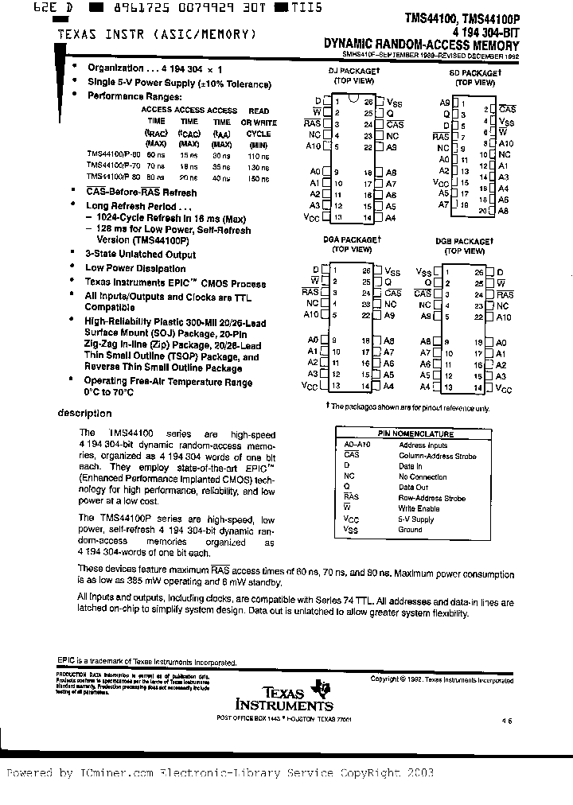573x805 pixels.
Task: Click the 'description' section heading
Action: click(85, 414)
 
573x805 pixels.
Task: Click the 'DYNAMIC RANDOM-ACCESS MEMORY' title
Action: click(419, 46)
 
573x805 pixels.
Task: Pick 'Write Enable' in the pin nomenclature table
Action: click(418, 508)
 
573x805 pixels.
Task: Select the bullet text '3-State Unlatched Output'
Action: click(140, 255)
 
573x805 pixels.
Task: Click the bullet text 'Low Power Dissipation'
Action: click(135, 269)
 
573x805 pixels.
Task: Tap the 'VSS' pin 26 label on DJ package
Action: click(395, 102)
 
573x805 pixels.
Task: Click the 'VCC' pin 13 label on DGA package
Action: click(310, 387)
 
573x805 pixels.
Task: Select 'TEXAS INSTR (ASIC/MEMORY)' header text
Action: click(156, 34)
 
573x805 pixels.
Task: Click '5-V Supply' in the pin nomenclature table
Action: click(416, 519)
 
